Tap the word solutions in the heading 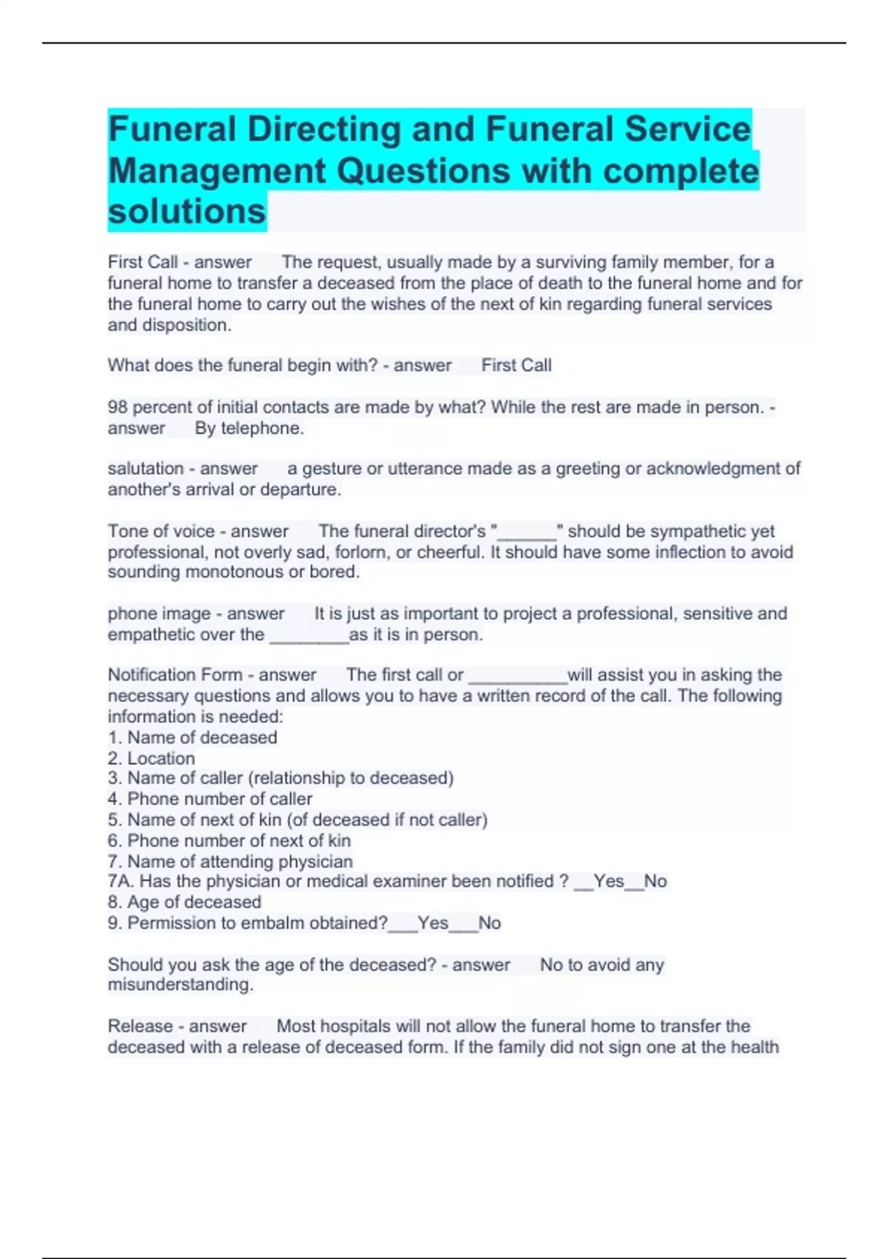(187, 211)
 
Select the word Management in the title (217, 171)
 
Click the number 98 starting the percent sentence (118, 407)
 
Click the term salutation (145, 469)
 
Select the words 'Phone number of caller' (219, 799)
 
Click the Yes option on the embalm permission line (433, 923)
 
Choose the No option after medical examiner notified (655, 881)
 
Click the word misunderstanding (179, 985)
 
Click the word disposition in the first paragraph (185, 325)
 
